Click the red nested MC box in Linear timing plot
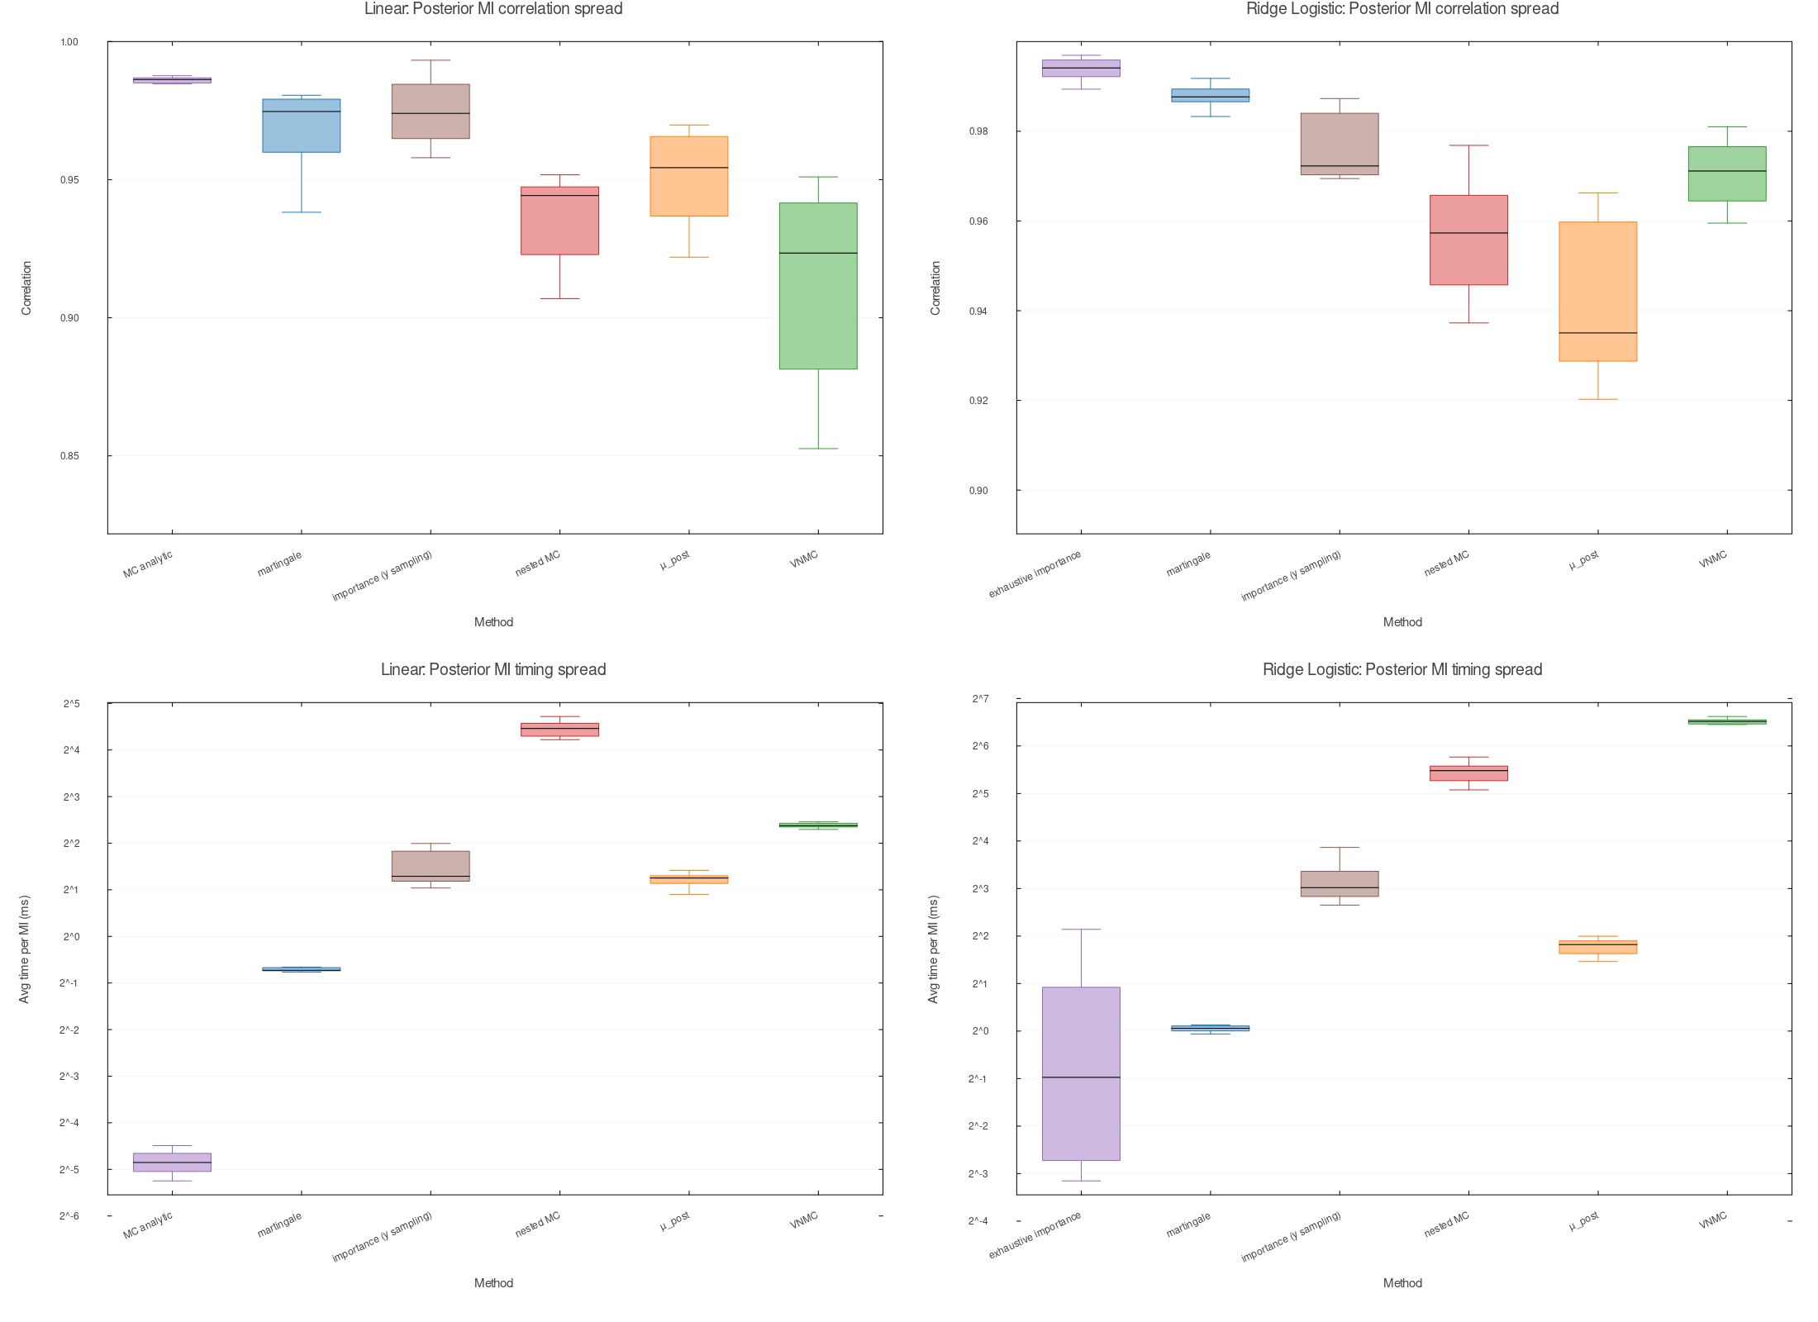pos(559,730)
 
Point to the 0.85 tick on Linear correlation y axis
pos(69,456)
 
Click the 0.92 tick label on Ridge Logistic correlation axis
pos(978,401)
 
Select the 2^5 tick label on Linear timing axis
pos(71,704)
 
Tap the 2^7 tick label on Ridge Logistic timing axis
pos(980,699)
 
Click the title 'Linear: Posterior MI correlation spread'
pos(493,9)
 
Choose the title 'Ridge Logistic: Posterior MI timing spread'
pos(1402,670)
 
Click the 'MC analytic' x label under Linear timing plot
pos(148,1225)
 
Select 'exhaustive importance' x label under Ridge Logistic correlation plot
pos(1035,574)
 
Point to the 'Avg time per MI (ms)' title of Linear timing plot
pos(25,949)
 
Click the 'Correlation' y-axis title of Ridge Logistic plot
pos(935,288)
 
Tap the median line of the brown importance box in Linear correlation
pos(431,113)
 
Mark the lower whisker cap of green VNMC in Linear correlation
pos(818,449)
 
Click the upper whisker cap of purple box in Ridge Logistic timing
pos(1081,930)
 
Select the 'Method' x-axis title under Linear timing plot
pos(493,1283)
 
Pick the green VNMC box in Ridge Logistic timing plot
pos(1727,722)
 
